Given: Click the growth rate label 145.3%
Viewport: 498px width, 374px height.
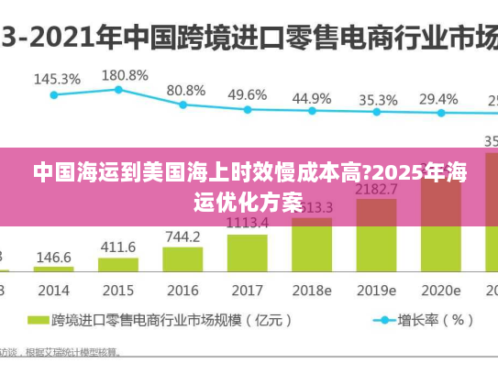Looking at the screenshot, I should point(56,80).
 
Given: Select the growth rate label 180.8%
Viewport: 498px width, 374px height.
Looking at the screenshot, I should point(125,74).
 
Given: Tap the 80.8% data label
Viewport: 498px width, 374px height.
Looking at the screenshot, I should point(186,90).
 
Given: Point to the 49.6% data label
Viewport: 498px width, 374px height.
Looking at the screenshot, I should point(247,94).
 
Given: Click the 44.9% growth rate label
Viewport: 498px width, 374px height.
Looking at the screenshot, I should point(312,97).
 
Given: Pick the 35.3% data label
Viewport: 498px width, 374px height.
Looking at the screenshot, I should point(378,99).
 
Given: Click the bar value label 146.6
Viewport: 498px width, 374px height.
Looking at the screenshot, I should point(53,258).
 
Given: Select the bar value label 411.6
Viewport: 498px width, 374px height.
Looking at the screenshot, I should point(118,247).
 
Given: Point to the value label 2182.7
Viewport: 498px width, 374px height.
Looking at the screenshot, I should point(376,189).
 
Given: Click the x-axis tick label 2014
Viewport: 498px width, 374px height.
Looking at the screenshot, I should point(53,290).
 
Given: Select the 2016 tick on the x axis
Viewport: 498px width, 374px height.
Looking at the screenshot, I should point(183,290).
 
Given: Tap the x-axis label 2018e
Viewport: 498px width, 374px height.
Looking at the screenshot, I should point(312,290).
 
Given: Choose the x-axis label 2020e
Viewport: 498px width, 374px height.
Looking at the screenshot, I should point(440,290).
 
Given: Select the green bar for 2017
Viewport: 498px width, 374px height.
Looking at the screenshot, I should point(247,253).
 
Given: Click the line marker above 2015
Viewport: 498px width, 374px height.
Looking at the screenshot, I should point(118,89).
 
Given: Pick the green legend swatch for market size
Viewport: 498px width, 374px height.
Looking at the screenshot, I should point(38,321).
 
